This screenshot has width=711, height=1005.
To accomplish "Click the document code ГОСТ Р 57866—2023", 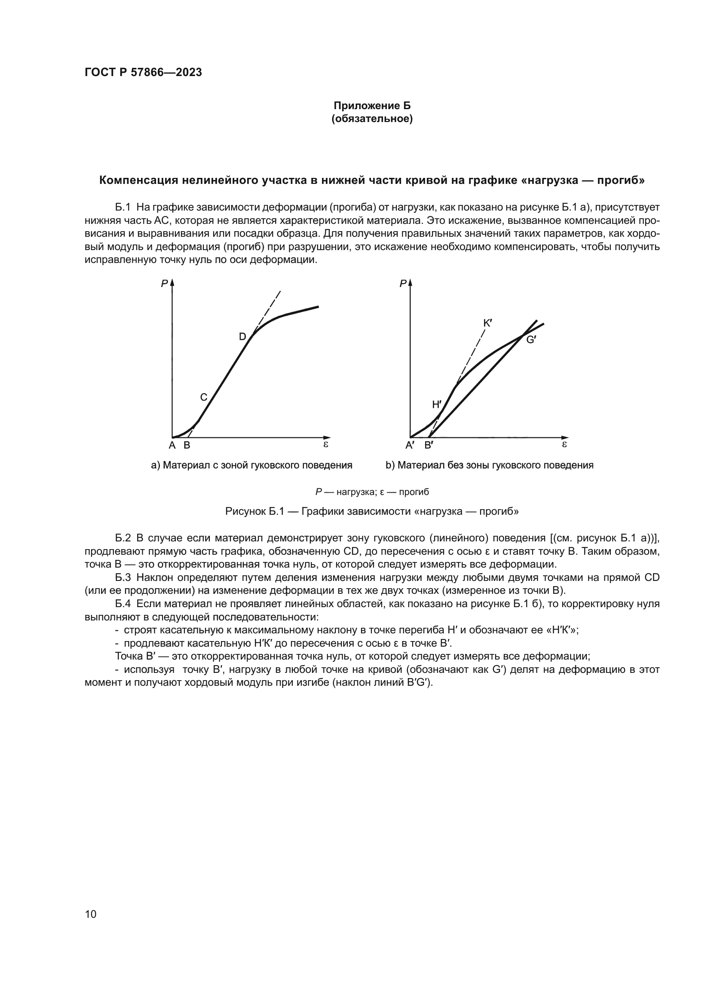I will (x=143, y=73).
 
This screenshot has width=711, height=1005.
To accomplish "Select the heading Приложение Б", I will (x=372, y=106).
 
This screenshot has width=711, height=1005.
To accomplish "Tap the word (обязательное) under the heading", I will (x=372, y=119).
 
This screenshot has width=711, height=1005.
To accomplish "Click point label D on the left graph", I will (x=242, y=336).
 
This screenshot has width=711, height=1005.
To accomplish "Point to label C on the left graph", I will (x=204, y=397).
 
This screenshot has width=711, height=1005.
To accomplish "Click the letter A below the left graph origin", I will (x=172, y=446).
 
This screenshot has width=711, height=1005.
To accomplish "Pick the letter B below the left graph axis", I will (x=187, y=446).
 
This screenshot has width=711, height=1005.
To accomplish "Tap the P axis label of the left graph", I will (x=165, y=284).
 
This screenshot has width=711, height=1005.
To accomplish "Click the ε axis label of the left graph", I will (x=326, y=444).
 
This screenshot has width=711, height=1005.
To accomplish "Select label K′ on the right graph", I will (x=488, y=324).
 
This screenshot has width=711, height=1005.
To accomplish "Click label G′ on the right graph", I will (x=531, y=340).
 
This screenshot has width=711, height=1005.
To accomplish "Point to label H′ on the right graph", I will (x=436, y=404).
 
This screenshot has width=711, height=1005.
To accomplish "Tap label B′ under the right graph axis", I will (x=429, y=446).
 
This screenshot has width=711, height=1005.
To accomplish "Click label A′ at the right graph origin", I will (x=410, y=446).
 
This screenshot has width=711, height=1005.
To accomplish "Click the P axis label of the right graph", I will (x=403, y=284).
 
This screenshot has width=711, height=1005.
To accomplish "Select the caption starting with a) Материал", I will (x=252, y=465).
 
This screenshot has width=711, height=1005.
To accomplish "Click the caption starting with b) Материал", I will (x=490, y=465).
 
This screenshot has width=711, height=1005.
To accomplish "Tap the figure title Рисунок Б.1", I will (x=372, y=511).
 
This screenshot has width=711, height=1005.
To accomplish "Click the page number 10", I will (x=91, y=914).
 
